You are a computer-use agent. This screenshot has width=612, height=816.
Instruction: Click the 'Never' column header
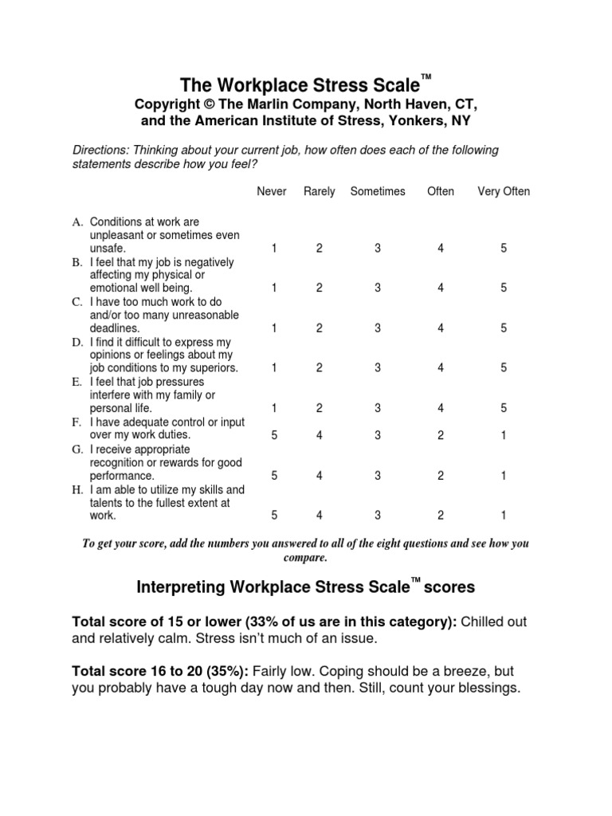(x=272, y=191)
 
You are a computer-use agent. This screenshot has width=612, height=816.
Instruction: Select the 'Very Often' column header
(x=503, y=191)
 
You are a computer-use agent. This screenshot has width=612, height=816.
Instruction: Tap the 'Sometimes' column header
(x=378, y=191)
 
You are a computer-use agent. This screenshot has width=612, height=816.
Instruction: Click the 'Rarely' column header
(x=319, y=191)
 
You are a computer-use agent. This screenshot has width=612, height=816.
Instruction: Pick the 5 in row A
(x=504, y=249)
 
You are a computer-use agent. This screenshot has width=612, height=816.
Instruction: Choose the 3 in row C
(x=378, y=328)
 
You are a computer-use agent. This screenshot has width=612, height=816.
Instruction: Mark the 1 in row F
(x=504, y=436)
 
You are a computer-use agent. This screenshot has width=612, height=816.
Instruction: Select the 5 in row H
(x=274, y=516)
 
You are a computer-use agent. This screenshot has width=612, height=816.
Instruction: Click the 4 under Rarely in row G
(x=319, y=476)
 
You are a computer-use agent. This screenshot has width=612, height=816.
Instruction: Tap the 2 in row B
(x=319, y=288)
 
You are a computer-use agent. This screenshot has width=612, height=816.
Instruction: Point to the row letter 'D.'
(x=77, y=342)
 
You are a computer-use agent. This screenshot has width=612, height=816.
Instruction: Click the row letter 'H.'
(x=77, y=489)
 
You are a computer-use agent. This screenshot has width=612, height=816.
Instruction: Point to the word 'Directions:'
(x=101, y=151)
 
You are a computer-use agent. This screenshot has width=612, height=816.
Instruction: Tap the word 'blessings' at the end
(x=485, y=688)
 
